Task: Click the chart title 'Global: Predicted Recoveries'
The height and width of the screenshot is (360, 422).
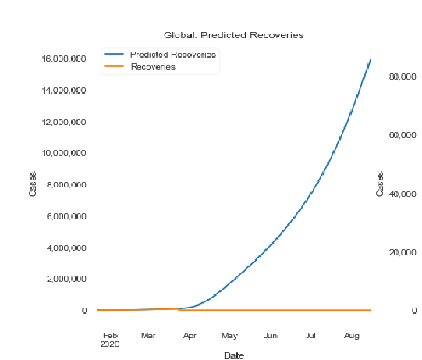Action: click(x=233, y=35)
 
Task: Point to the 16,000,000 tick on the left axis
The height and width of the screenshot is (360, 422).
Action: click(x=64, y=59)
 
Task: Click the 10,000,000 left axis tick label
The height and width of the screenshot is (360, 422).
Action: click(x=64, y=153)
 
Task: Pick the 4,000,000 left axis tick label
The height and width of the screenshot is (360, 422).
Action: click(x=66, y=248)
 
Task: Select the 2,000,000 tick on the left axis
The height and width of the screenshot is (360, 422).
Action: click(x=66, y=279)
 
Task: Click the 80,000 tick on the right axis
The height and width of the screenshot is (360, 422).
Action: click(x=402, y=77)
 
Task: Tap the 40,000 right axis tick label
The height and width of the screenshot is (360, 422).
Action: click(x=402, y=194)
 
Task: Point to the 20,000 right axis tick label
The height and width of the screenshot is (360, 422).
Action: click(x=402, y=252)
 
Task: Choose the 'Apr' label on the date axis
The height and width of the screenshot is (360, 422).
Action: click(x=190, y=336)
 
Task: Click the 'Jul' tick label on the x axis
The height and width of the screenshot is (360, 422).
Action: click(x=310, y=336)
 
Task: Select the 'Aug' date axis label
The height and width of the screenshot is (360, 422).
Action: click(x=352, y=336)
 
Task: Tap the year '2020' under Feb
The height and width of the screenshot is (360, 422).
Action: click(x=110, y=344)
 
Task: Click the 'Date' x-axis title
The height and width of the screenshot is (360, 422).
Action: click(x=234, y=355)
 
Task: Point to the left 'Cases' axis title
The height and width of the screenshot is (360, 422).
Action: click(x=33, y=184)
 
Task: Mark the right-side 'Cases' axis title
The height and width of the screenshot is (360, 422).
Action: click(x=379, y=184)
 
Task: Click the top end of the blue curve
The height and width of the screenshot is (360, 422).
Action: click(x=371, y=56)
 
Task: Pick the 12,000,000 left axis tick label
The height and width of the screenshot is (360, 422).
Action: click(x=64, y=123)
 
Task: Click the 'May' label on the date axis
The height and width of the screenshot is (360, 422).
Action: click(x=229, y=336)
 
